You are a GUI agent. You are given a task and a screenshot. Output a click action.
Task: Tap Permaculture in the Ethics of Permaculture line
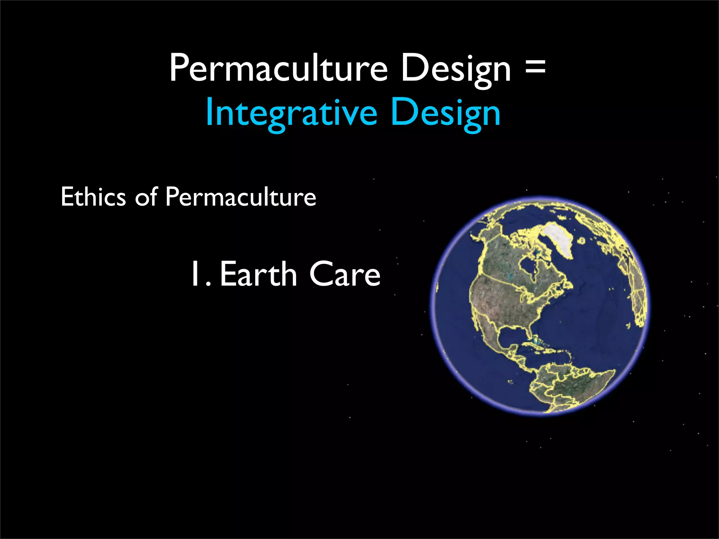241,197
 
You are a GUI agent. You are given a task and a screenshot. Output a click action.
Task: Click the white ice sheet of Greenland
558,239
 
